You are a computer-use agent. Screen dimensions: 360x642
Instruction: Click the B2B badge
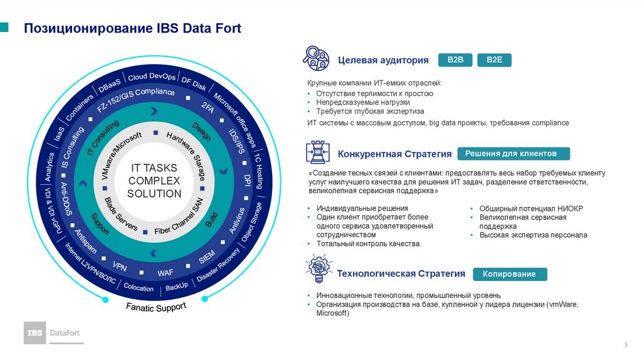(x=455, y=60)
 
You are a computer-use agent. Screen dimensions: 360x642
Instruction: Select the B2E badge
(x=495, y=60)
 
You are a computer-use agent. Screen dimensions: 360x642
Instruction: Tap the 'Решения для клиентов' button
(x=514, y=154)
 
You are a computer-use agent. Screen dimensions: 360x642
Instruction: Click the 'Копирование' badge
(x=509, y=274)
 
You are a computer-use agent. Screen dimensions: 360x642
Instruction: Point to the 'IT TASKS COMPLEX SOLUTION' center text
(x=154, y=181)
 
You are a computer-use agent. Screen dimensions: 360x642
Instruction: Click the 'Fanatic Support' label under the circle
(x=156, y=307)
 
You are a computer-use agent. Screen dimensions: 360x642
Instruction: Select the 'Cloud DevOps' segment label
(x=152, y=76)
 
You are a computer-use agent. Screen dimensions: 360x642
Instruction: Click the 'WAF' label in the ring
(x=166, y=273)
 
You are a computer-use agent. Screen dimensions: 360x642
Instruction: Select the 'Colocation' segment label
(x=139, y=288)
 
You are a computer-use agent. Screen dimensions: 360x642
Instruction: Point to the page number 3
(x=626, y=346)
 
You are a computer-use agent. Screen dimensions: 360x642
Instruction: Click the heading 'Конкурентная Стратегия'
(x=395, y=154)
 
